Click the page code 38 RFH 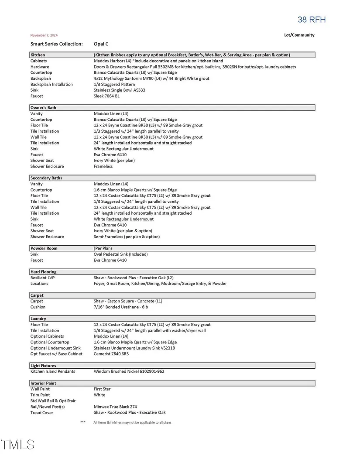pyautogui.click(x=312, y=20)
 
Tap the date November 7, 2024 pyautogui.click(x=44, y=35)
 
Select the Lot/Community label pyautogui.click(x=299, y=35)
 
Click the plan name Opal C pyautogui.click(x=101, y=44)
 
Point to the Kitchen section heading pyautogui.click(x=38, y=55)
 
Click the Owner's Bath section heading pyautogui.click(x=43, y=107)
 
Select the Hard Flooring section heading pyautogui.click(x=43, y=272)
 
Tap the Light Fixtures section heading pyautogui.click(x=43, y=366)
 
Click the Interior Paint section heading pyautogui.click(x=43, y=383)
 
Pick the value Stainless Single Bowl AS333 pyautogui.click(x=120, y=90)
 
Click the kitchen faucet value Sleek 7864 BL pyautogui.click(x=106, y=96)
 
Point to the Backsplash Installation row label pyautogui.click(x=51, y=84)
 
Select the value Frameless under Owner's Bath pyautogui.click(x=103, y=166)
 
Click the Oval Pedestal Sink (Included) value pyautogui.click(x=120, y=254)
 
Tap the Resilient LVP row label pyautogui.click(x=42, y=278)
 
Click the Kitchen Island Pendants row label pyautogui.click(x=52, y=371)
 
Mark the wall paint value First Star pyautogui.click(x=102, y=389)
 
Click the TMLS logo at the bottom pyautogui.click(x=18, y=445)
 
